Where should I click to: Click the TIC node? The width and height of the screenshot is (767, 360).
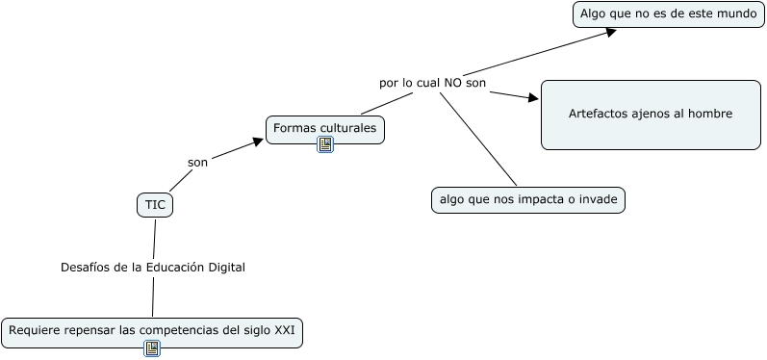click(155, 204)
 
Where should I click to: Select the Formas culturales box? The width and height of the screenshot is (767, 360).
click(324, 128)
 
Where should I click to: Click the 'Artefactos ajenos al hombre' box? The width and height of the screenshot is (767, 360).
click(651, 115)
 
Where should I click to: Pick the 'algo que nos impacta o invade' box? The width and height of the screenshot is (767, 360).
click(527, 199)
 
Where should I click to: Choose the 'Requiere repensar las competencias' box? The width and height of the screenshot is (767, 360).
click(151, 331)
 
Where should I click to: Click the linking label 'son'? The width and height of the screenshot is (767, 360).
click(197, 162)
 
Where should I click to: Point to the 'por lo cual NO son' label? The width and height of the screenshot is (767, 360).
click(432, 83)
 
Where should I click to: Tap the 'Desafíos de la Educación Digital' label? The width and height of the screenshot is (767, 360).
click(153, 267)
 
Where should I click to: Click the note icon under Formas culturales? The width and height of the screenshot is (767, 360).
click(325, 145)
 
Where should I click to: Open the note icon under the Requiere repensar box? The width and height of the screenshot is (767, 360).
click(152, 348)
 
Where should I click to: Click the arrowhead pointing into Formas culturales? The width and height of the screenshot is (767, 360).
click(257, 141)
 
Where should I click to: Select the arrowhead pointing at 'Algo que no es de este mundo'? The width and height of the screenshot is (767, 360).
click(610, 31)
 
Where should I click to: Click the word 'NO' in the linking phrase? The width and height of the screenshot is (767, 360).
click(452, 83)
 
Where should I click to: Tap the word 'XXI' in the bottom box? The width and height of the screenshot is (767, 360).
click(285, 331)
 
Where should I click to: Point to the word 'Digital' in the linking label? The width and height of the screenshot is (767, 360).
click(227, 267)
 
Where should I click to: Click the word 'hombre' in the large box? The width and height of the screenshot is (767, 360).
click(712, 114)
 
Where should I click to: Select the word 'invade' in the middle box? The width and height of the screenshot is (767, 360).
click(599, 199)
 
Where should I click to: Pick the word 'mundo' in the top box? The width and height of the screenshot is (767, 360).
click(736, 14)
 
